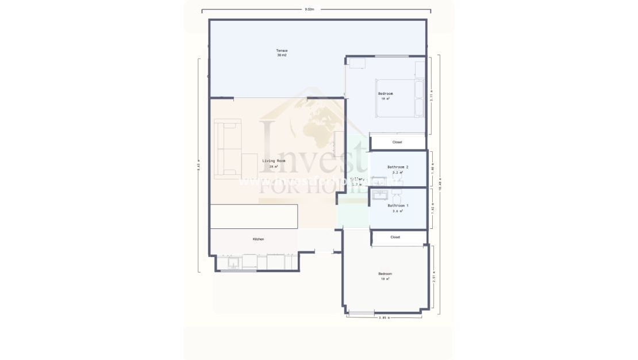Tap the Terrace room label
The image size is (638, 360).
(x=282, y=51)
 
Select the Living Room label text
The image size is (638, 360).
(x=274, y=161)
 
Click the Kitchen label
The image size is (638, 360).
(x=259, y=239)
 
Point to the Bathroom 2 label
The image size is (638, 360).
(x=398, y=167)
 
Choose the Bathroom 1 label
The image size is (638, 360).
(x=398, y=205)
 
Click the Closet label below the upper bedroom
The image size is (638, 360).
(x=397, y=142)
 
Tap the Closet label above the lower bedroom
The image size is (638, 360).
(x=395, y=237)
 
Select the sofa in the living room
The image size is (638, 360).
(x=228, y=148)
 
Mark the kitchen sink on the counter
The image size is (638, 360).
(x=234, y=263)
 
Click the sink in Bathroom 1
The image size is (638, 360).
(x=380, y=196)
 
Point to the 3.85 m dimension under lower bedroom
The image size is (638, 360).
(x=384, y=317)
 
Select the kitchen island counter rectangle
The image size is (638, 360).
(x=253, y=216)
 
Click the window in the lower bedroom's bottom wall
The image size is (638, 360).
(x=362, y=313)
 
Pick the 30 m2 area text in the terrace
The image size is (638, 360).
(x=282, y=55)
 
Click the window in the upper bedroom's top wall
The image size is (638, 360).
(x=392, y=56)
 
